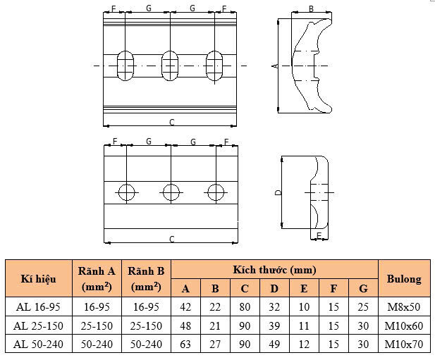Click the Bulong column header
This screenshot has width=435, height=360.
[404, 278]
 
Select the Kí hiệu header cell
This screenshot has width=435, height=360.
[38, 278]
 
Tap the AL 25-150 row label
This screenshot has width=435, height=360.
[38, 325]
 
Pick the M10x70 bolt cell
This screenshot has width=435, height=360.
[404, 345]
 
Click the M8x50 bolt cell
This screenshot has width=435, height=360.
[404, 306]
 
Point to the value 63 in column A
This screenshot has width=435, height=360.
[185, 345]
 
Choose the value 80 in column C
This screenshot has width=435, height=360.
[245, 306]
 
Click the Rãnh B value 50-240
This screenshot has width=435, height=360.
[146, 345]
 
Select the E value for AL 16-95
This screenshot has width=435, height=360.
[304, 306]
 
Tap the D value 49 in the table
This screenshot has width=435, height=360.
[274, 345]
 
